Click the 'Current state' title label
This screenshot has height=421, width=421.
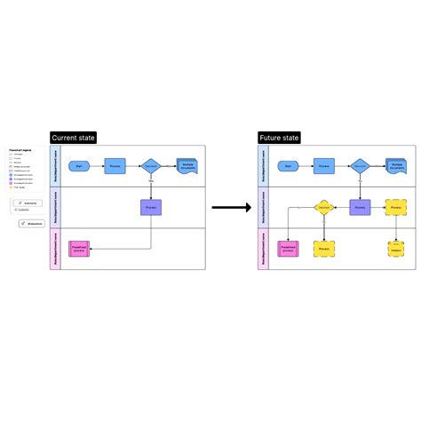pyautogui.click(x=73, y=138)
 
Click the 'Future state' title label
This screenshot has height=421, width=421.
pyautogui.click(x=279, y=138)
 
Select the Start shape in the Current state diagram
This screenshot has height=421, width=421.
pyautogui.click(x=79, y=166)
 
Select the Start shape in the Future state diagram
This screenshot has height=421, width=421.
pyautogui.click(x=286, y=166)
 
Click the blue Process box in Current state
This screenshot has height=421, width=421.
pyautogui.click(x=115, y=166)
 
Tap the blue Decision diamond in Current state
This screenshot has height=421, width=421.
pyautogui.click(x=151, y=166)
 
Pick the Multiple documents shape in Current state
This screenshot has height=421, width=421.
pyautogui.click(x=187, y=166)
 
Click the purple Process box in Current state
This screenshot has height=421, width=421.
pyautogui.click(x=151, y=207)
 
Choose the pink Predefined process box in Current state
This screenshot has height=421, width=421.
pyautogui.click(x=80, y=249)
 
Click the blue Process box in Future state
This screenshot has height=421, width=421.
pyautogui.click(x=322, y=166)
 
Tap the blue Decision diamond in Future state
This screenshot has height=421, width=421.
pyautogui.click(x=359, y=166)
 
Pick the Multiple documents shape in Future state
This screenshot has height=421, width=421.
pyautogui.click(x=395, y=166)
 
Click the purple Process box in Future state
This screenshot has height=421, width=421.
pyautogui.click(x=359, y=207)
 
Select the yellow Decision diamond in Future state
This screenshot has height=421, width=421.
pyautogui.click(x=323, y=207)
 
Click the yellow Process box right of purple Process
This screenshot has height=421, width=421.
pyautogui.click(x=395, y=207)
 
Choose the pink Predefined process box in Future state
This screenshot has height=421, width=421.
pyautogui.click(x=287, y=249)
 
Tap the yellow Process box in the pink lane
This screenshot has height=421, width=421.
pyautogui.click(x=323, y=249)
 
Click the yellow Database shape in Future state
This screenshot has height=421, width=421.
pyautogui.click(x=395, y=249)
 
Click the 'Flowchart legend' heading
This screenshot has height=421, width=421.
pyautogui.click(x=20, y=151)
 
